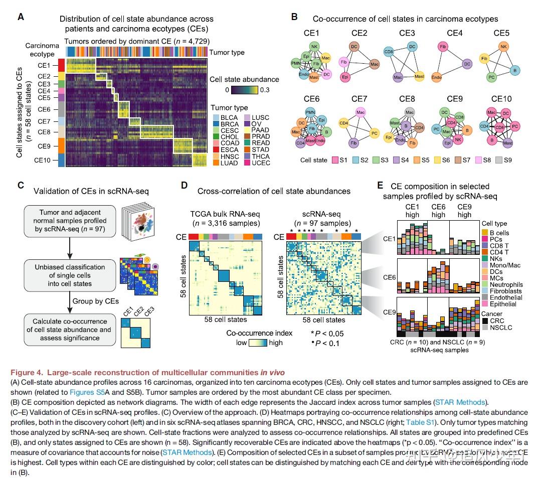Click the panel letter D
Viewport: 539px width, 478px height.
click(x=184, y=185)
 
